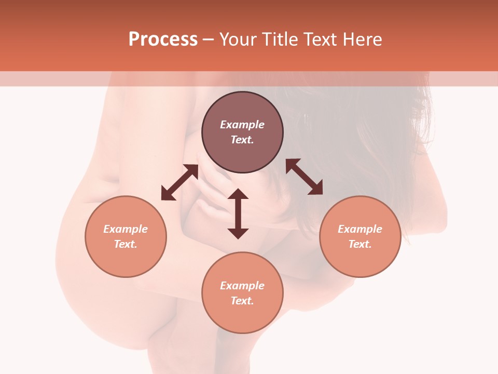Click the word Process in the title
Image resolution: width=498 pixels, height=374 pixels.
[x=163, y=39]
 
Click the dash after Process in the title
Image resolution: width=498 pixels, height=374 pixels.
[x=208, y=40]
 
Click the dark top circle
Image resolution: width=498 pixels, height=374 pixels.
[x=242, y=132]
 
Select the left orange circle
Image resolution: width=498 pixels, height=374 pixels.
[x=126, y=236]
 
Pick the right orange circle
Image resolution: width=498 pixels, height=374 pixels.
[x=360, y=236]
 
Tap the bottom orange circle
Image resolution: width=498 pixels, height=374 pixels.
[x=242, y=292]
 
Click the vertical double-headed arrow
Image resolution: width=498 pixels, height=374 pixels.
[x=238, y=213]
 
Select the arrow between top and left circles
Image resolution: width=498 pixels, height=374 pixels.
[x=179, y=182]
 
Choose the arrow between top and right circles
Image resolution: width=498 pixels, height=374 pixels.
[x=304, y=177]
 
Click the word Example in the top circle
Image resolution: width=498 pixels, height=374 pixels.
[x=242, y=125]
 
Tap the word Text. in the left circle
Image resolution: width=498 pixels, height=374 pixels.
[x=126, y=244]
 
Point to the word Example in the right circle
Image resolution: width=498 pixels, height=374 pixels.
[x=360, y=229]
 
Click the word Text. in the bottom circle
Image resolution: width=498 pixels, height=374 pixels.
[x=242, y=301]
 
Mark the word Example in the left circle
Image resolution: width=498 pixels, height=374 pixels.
[x=126, y=229]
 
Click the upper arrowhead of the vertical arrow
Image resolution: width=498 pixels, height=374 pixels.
[x=238, y=194]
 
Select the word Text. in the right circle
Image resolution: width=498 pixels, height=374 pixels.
[x=360, y=244]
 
